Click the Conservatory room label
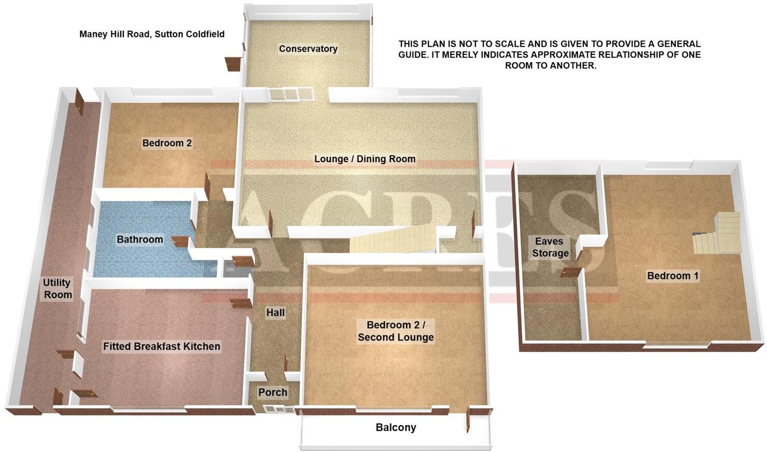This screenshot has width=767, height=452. click(x=308, y=49)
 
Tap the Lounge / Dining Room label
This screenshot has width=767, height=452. click(x=365, y=159)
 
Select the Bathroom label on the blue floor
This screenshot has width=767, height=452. click(x=140, y=239)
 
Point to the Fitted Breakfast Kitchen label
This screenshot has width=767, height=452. click(x=162, y=346)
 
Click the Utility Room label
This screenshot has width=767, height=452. click(x=57, y=289)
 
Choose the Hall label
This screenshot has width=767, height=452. click(x=276, y=313)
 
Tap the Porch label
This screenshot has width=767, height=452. click(x=273, y=392)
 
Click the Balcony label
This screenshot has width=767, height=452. click(x=396, y=428)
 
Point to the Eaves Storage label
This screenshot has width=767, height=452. click(x=550, y=247)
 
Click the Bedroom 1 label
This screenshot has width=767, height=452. click(x=673, y=276)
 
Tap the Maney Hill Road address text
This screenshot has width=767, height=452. click(x=152, y=34)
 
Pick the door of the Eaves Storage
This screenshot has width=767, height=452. click(x=571, y=272)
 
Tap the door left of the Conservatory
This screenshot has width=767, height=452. click(x=232, y=64)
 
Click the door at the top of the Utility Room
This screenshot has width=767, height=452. click(x=79, y=102)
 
